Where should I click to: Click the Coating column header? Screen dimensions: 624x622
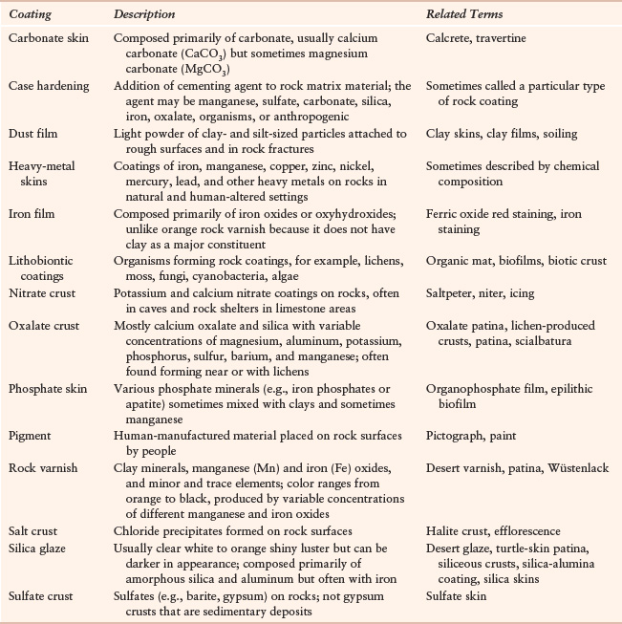click(29, 15)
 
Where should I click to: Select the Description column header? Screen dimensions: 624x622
click(144, 15)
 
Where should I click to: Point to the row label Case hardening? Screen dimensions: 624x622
click(46, 86)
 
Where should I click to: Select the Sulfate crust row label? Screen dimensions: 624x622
click(41, 597)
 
